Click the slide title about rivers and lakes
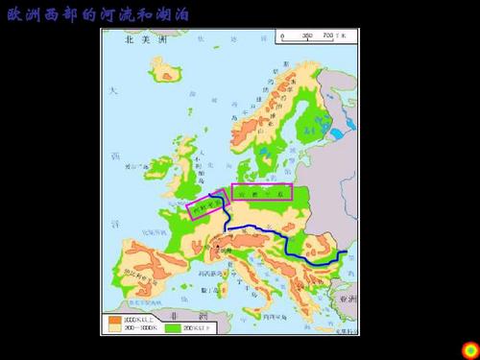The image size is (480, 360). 100,16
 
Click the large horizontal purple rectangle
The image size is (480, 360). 261,192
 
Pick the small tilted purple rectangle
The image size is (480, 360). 206,204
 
